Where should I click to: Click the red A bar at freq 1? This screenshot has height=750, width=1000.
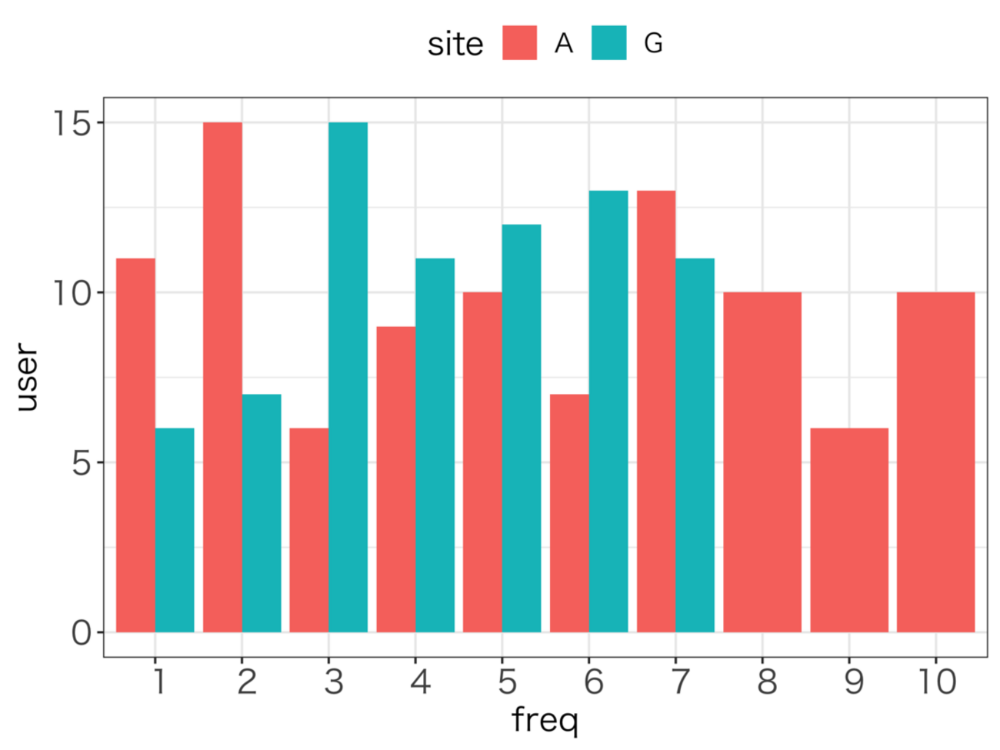[135, 445]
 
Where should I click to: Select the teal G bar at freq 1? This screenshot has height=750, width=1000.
[175, 530]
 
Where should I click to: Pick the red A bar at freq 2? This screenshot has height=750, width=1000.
[222, 377]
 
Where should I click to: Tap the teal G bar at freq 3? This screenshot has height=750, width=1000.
[348, 377]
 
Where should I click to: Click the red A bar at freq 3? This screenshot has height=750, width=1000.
[309, 530]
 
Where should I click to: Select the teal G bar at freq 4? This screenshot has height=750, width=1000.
[435, 445]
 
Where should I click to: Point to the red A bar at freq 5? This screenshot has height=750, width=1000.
[482, 462]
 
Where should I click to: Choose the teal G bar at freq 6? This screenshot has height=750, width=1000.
[608, 412]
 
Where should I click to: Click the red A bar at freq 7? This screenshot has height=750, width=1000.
[656, 412]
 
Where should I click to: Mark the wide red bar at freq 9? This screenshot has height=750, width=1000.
[849, 530]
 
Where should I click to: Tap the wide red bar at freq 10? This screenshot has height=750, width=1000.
[935, 462]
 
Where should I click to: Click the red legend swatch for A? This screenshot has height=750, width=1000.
[519, 43]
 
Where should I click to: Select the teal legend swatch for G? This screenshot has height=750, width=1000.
[608, 43]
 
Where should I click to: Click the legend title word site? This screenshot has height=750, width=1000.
[455, 45]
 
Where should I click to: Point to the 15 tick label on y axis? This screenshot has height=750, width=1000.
[72, 123]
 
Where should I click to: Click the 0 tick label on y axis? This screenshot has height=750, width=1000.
[81, 633]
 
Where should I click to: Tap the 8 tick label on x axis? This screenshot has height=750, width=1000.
[766, 682]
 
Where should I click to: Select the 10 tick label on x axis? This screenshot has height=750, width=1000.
[937, 682]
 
